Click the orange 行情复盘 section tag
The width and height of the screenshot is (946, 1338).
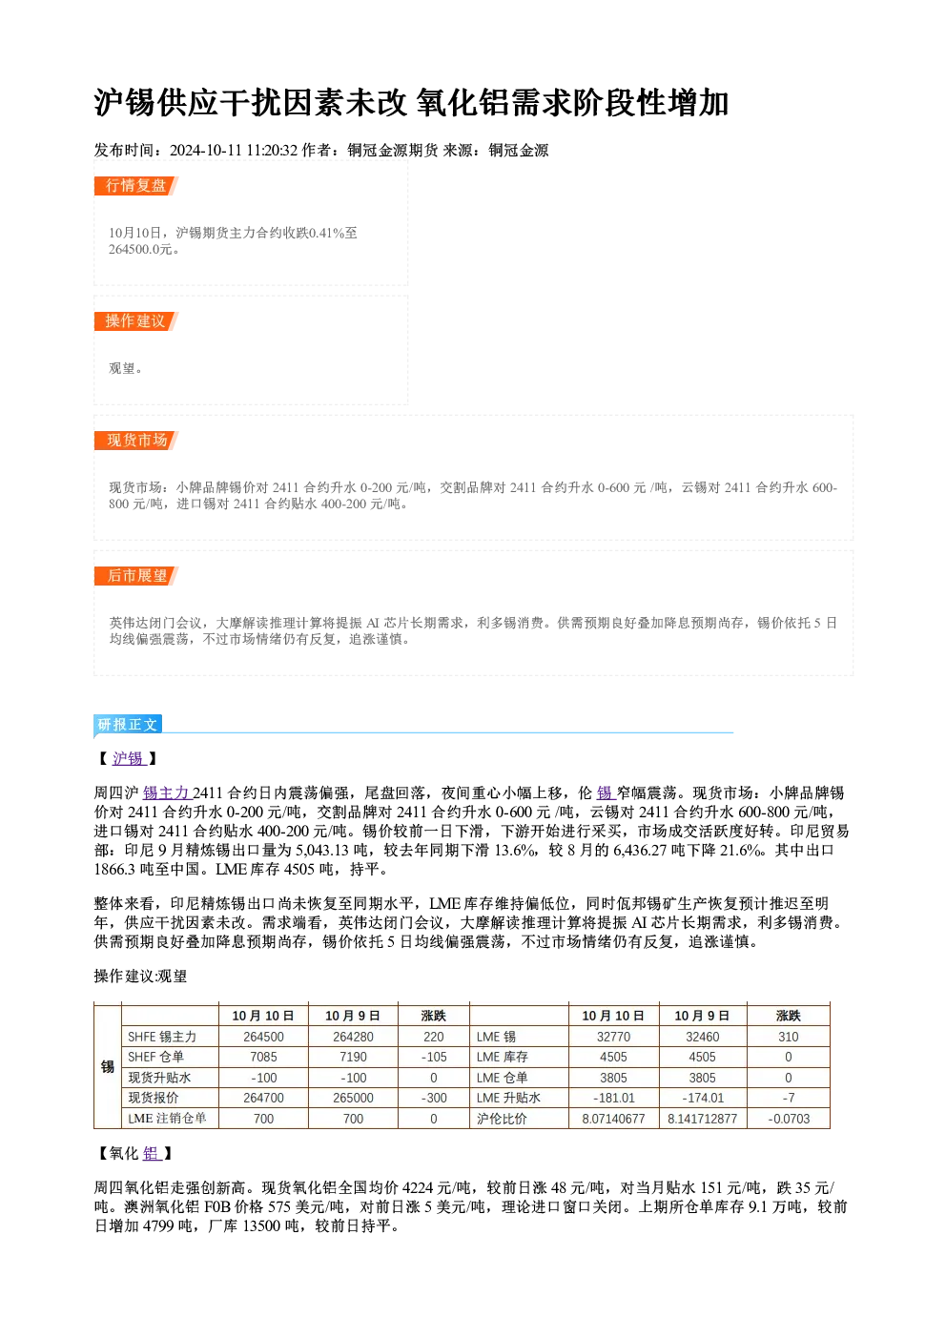pos(135,186)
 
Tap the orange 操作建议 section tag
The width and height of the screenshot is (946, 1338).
pos(135,321)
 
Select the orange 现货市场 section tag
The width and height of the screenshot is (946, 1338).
pos(135,441)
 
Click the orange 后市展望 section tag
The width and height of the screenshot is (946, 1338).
pos(135,576)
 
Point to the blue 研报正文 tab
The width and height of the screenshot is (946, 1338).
pos(128,725)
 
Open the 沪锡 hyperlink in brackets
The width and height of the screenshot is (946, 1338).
pos(129,758)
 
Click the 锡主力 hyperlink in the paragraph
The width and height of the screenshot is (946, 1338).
pos(167,793)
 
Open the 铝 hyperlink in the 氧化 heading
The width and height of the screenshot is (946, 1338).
pos(152,1153)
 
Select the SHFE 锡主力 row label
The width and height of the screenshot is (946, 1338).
pos(162,1037)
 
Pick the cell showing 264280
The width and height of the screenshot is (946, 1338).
pos(353,1037)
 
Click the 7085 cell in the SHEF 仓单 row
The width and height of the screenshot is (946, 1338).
pos(263,1057)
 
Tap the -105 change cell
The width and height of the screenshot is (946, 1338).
pos(434,1057)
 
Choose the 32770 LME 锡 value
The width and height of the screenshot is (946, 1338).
pos(613,1037)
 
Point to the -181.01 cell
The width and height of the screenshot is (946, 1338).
pos(613,1098)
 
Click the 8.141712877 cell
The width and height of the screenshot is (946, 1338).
pos(702,1119)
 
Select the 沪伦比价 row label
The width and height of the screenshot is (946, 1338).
pos(502,1119)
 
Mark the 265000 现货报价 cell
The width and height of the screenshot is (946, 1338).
pos(353,1098)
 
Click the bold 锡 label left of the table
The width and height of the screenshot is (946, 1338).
pos(108,1067)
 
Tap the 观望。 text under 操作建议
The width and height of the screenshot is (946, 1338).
pos(126,368)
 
